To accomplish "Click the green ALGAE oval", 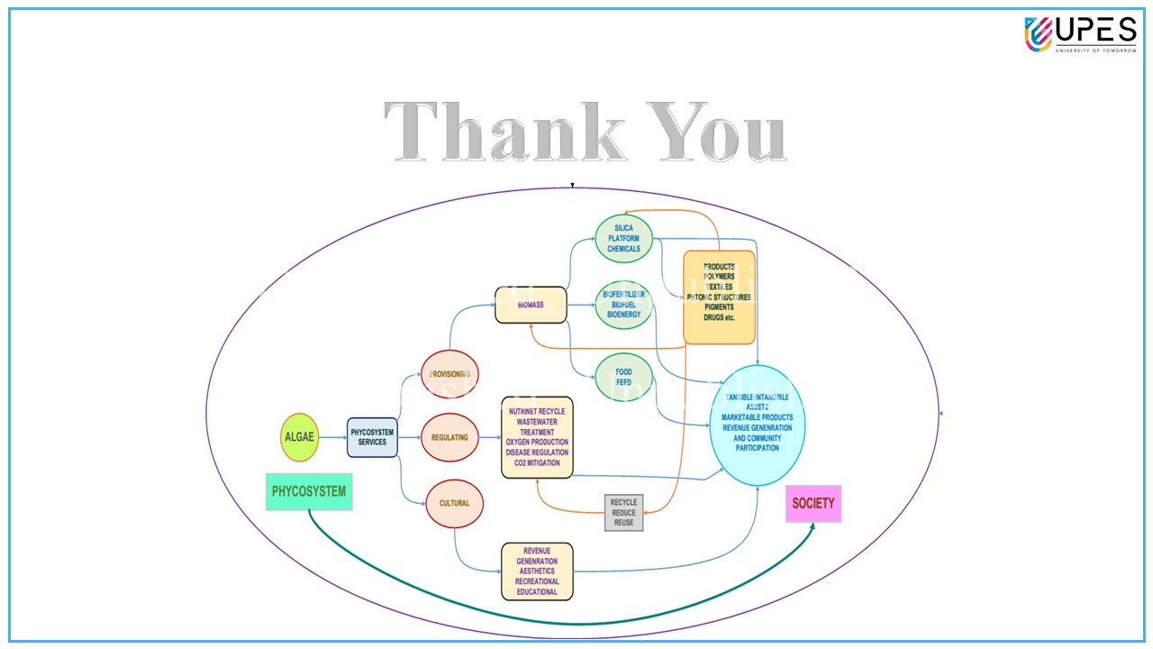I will (x=300, y=437).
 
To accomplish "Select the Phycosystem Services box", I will (x=372, y=437).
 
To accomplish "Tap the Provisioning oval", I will (x=449, y=373).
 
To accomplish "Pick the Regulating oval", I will (x=449, y=437).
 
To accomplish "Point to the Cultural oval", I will (x=454, y=503).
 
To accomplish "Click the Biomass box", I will (x=531, y=305).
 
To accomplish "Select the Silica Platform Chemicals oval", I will (x=623, y=239).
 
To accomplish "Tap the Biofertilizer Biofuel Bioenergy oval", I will (x=623, y=305).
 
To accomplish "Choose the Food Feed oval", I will (x=623, y=377).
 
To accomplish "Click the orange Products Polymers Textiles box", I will (x=719, y=297).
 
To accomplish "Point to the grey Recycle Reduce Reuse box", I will (x=623, y=512).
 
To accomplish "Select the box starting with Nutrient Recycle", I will (x=537, y=437).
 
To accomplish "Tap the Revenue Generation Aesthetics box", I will (x=537, y=571).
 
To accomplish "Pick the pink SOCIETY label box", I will (x=813, y=504).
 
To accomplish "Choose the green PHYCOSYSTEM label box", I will (x=309, y=492).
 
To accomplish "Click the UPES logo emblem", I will (x=1039, y=34).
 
